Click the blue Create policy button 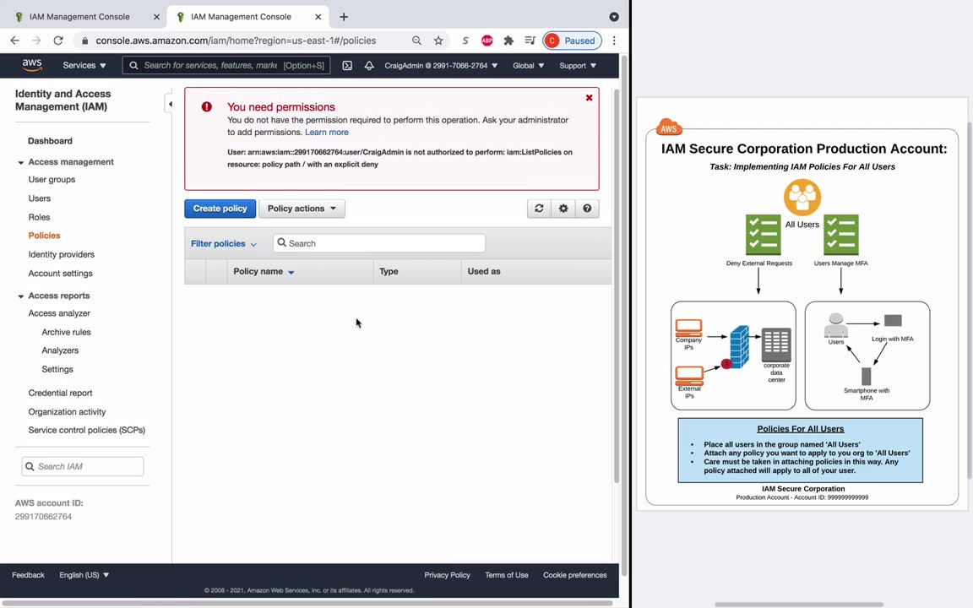pos(220,209)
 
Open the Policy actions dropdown pos(302,209)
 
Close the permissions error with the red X pos(589,97)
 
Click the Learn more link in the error pos(326,132)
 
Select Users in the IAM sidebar pos(39,198)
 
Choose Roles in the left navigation pos(39,217)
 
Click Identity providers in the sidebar pos(62,254)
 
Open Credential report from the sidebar pos(60,393)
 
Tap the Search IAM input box pos(83,466)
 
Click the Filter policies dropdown pos(223,244)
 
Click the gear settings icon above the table pos(563,209)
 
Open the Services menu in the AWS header pos(84,65)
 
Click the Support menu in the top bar pos(578,65)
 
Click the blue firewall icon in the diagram pos(739,347)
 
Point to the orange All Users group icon pos(802,198)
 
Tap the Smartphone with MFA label pos(867,394)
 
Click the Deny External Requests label pos(759,263)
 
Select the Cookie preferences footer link pos(574,575)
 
